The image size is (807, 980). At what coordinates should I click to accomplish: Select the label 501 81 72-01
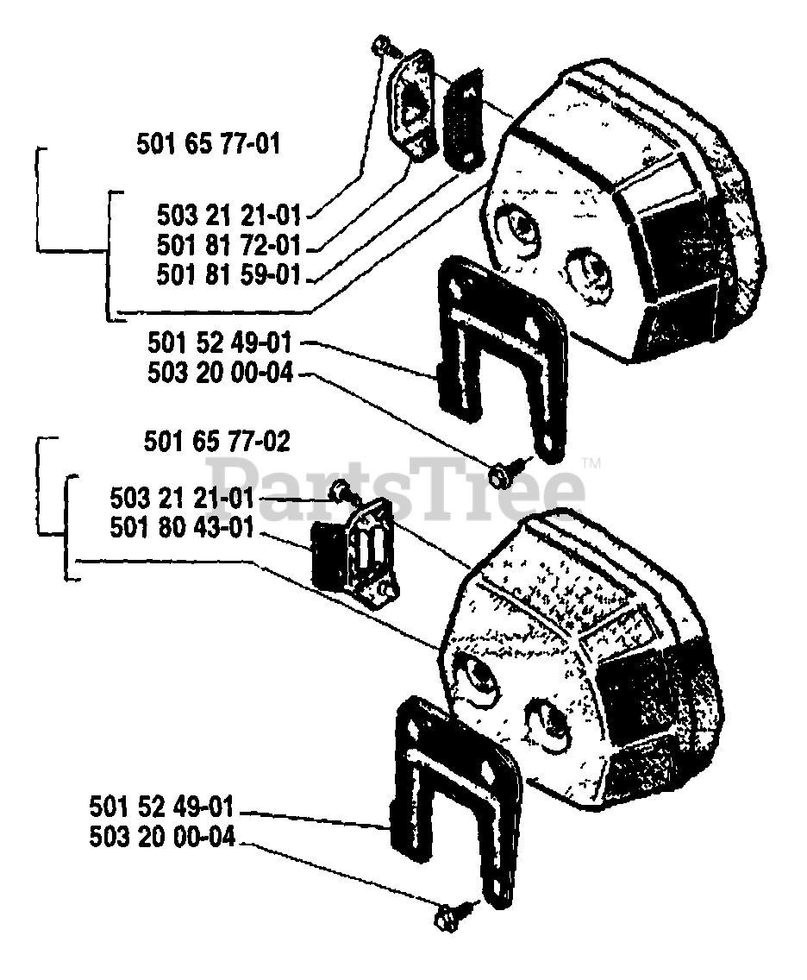(x=228, y=244)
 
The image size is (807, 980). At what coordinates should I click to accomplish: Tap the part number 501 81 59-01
(x=228, y=275)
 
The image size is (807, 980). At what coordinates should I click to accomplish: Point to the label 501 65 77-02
(x=216, y=442)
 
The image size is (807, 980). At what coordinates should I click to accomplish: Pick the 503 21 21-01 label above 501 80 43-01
(x=182, y=497)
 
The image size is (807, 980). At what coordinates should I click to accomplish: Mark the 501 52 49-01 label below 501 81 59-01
(x=220, y=345)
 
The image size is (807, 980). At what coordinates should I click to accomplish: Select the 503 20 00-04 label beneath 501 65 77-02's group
(x=161, y=837)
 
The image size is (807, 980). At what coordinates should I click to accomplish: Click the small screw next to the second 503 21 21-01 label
(x=342, y=492)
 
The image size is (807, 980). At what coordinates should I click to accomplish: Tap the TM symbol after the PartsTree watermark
(x=591, y=462)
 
